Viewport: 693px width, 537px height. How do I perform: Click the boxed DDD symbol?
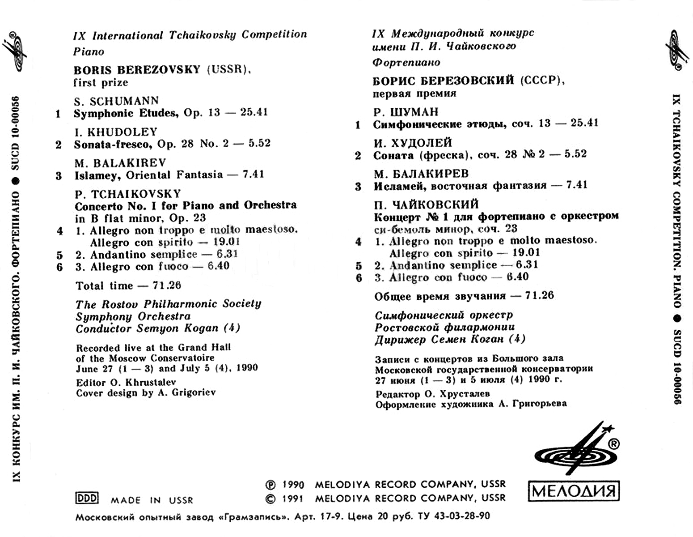click(x=87, y=498)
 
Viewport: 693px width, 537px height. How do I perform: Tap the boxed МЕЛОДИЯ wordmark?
click(x=574, y=492)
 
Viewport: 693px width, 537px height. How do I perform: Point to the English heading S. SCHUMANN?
click(x=116, y=101)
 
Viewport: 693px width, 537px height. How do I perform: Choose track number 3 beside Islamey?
click(x=59, y=175)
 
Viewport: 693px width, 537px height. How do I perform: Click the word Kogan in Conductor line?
click(x=201, y=328)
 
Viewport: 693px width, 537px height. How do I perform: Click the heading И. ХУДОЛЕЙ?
click(x=413, y=143)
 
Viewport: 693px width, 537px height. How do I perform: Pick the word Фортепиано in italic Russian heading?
click(x=406, y=62)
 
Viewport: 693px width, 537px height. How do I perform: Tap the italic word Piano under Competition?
click(x=89, y=51)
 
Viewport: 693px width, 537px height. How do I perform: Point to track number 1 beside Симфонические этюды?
click(x=358, y=125)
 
